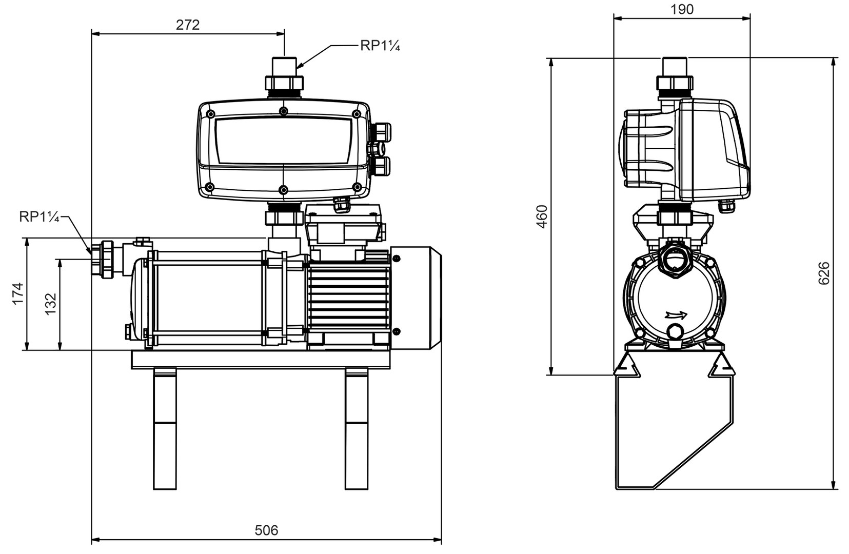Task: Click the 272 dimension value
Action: [188, 25]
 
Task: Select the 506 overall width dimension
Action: [266, 530]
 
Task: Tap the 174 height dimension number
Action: [18, 293]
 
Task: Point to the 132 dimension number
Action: [50, 304]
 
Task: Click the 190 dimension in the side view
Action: [682, 9]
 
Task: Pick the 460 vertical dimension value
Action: [542, 216]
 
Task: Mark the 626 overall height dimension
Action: [823, 273]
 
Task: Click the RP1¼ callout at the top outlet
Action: [380, 46]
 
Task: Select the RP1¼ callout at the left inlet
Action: [39, 217]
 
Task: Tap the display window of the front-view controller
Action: [283, 141]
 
